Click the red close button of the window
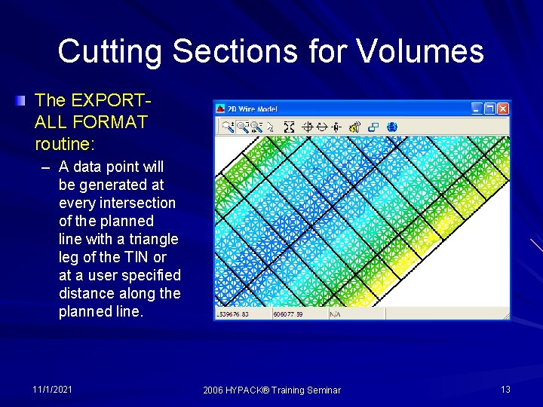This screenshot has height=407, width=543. [503, 109]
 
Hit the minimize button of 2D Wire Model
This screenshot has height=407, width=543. [477, 109]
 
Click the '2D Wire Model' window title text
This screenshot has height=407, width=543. [253, 109]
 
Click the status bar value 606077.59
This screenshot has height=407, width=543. [287, 314]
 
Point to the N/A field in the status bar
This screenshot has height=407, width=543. [335, 314]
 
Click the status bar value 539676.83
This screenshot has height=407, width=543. [234, 314]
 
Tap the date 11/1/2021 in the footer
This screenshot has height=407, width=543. [53, 389]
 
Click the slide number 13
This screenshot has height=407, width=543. [505, 389]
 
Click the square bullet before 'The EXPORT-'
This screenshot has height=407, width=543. [25, 99]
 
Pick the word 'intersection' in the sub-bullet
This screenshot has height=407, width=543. [139, 203]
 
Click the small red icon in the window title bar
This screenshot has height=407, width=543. [222, 109]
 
